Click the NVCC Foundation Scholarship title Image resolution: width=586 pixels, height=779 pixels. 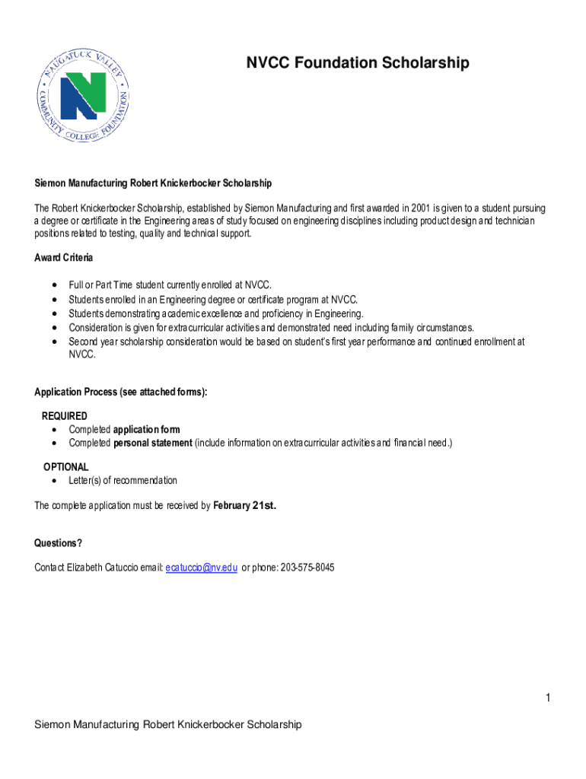tap(357, 62)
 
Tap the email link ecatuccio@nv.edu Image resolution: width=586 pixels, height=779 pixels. tap(202, 568)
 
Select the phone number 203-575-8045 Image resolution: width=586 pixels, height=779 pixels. tap(307, 568)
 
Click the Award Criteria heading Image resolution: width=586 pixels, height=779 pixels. tap(64, 258)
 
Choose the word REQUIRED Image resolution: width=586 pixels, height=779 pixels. tap(64, 416)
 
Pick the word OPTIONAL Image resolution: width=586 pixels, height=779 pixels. tap(65, 466)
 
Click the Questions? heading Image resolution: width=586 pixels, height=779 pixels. tap(58, 542)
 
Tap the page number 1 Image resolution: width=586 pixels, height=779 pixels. tap(547, 698)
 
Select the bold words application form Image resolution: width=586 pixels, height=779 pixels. tap(147, 430)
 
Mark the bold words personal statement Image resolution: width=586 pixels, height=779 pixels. tap(153, 443)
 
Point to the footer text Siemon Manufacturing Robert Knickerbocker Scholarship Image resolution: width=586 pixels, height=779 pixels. tap(168, 724)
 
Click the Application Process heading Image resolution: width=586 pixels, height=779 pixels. tap(120, 392)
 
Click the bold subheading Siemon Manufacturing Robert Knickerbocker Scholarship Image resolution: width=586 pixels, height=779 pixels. tap(153, 183)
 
